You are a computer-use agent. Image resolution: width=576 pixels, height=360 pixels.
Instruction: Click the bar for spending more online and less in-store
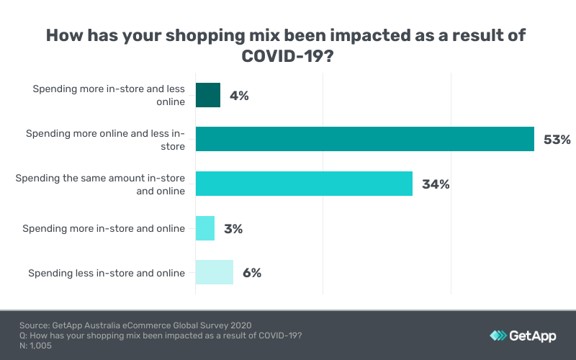coord(364,139)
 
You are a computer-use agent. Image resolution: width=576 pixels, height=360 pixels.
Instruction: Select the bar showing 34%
coord(304,184)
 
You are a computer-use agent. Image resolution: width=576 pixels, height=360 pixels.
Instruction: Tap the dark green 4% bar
coord(207,95)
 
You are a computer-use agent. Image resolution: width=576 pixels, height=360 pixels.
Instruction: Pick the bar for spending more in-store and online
coord(204,228)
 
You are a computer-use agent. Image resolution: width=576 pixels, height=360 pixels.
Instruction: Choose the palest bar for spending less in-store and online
coord(214,272)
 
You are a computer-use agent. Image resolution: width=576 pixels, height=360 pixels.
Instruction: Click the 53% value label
coord(557,140)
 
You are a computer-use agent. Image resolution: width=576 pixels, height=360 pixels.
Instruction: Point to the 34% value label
coord(435,184)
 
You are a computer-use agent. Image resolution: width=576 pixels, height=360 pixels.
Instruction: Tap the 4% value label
coord(239,96)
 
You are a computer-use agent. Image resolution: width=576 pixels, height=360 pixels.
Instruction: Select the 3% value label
coord(233,229)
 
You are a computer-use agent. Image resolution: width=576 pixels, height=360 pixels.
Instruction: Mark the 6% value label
coord(251,273)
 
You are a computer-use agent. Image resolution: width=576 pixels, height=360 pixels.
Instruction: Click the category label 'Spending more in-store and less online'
coord(109,95)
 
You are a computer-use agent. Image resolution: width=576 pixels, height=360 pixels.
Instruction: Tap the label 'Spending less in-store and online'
coord(107,273)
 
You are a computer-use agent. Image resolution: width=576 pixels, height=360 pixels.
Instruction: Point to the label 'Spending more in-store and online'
coord(104,228)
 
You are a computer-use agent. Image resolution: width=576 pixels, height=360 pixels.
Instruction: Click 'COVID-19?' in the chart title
coord(287,58)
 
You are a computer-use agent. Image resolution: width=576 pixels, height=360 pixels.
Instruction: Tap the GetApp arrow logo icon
coord(498,336)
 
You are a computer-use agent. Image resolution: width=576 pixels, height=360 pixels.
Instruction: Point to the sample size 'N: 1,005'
coord(35,346)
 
